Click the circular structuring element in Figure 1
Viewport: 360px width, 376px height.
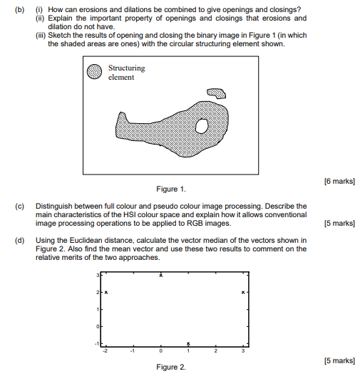tap(94, 72)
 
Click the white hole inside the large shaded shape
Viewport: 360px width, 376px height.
tap(202, 126)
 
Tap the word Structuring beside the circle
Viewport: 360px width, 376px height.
tap(126, 68)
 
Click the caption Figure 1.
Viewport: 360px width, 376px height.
tap(171, 189)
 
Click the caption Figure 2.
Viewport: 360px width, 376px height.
tap(171, 366)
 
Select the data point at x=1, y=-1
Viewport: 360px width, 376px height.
tap(188, 343)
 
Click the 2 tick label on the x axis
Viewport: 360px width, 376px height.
tap(215, 351)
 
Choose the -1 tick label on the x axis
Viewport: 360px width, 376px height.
tap(133, 351)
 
